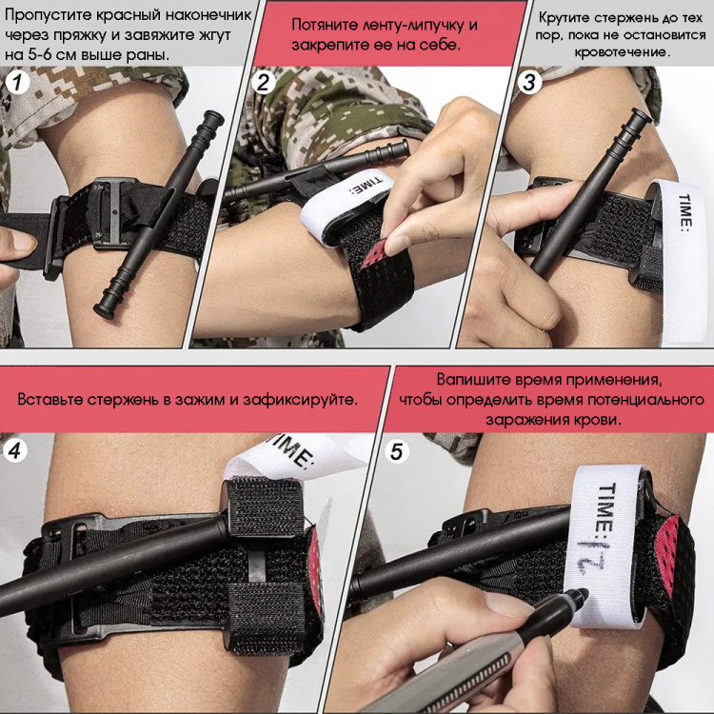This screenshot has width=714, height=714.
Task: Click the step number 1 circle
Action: (x=17, y=83)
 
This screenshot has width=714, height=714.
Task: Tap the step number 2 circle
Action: (x=264, y=83)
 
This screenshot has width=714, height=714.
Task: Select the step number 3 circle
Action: (x=529, y=83)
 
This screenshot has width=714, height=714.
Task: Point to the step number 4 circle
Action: (x=15, y=451)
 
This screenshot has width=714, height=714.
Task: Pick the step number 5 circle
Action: (x=397, y=451)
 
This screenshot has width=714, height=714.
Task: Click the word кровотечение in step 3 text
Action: (x=622, y=52)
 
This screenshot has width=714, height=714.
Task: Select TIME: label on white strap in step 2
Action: (x=365, y=188)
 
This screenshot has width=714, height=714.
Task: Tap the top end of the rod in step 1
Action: (x=214, y=117)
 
